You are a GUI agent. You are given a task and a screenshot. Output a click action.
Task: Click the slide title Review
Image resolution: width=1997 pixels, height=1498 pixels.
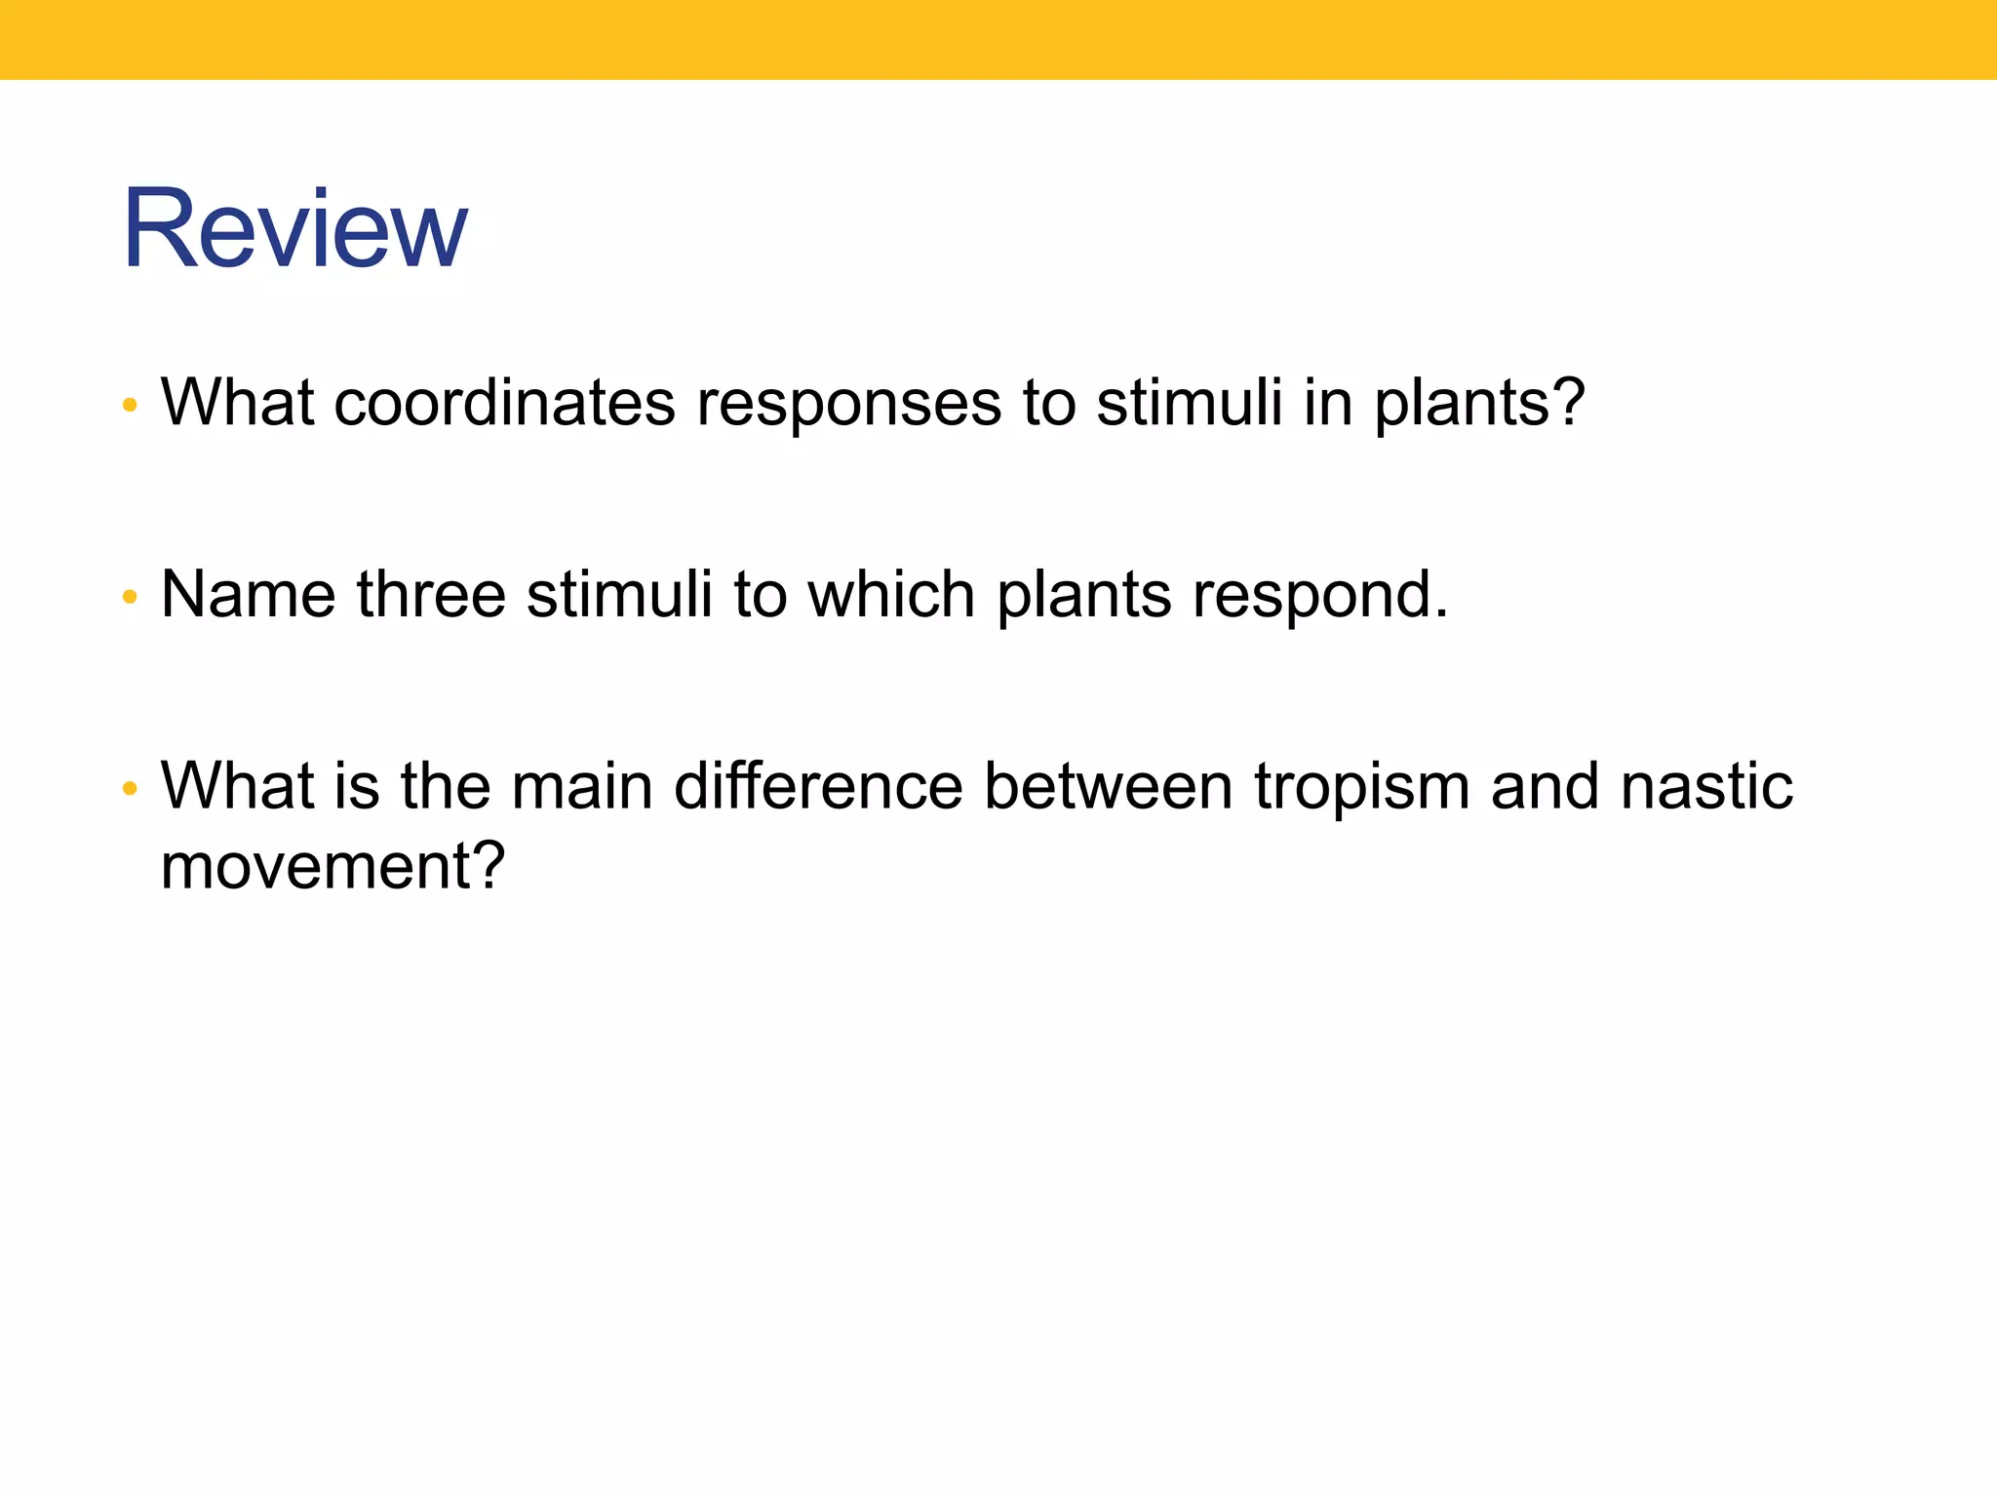(294, 229)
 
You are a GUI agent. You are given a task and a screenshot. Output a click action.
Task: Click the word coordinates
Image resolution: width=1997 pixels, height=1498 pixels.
(504, 402)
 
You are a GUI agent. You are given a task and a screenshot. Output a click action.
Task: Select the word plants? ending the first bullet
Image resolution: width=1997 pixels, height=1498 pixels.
(1479, 404)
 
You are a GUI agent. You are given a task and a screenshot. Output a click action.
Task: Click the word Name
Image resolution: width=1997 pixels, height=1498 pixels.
(249, 594)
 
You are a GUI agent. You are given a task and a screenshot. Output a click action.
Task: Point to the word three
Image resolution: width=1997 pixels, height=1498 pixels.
(431, 594)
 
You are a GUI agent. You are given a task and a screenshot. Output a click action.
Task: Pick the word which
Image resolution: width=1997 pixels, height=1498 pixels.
(891, 594)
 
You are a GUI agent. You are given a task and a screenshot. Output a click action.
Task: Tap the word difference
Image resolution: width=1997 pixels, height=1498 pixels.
(818, 786)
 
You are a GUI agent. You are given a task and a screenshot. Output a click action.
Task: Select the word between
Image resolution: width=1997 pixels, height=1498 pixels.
(1109, 786)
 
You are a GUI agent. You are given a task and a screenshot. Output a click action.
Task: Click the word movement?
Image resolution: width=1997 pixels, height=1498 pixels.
(333, 866)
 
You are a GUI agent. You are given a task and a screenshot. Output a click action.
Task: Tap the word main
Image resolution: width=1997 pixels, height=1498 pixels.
(581, 786)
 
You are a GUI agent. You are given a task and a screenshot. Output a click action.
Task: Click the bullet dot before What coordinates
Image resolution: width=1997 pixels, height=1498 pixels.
(130, 405)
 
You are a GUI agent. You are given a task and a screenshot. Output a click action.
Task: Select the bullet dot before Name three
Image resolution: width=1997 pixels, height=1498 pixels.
(130, 596)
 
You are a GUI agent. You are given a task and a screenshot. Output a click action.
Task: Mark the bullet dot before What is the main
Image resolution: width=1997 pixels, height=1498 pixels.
(130, 788)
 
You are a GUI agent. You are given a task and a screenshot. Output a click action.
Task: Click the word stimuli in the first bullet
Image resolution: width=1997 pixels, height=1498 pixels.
(1189, 402)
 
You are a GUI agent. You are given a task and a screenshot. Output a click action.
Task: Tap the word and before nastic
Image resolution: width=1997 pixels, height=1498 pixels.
(1545, 786)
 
